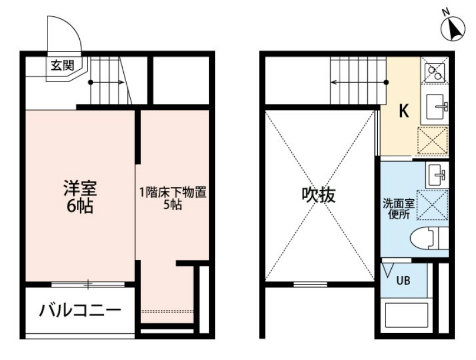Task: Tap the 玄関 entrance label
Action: pyautogui.click(x=62, y=65)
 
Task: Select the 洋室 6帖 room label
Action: pyautogui.click(x=79, y=197)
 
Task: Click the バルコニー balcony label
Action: pyautogui.click(x=79, y=310)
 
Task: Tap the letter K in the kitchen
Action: pyautogui.click(x=403, y=111)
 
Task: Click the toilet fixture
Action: pyautogui.click(x=427, y=239)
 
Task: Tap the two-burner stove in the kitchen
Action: pyautogui.click(x=435, y=71)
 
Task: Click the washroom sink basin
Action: pyautogui.click(x=436, y=176)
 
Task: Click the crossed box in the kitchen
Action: pyautogui.click(x=432, y=141)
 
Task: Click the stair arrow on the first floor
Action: pyautogui.click(x=108, y=83)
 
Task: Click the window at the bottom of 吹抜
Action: pyautogui.click(x=310, y=285)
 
